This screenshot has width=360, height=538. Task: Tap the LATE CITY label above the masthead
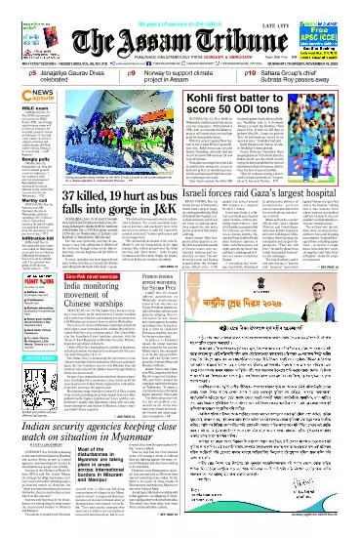point(276,12)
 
